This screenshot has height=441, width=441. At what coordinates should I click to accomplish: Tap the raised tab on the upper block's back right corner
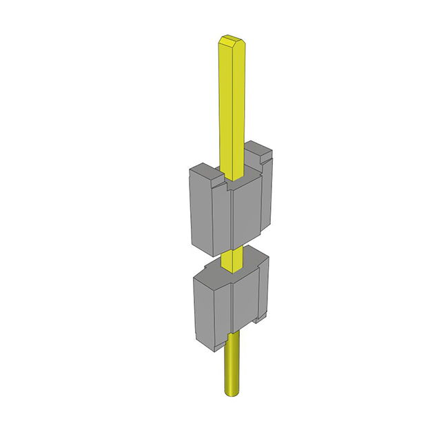(x=260, y=151)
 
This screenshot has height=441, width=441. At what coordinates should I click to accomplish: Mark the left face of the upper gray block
(x=199, y=210)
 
